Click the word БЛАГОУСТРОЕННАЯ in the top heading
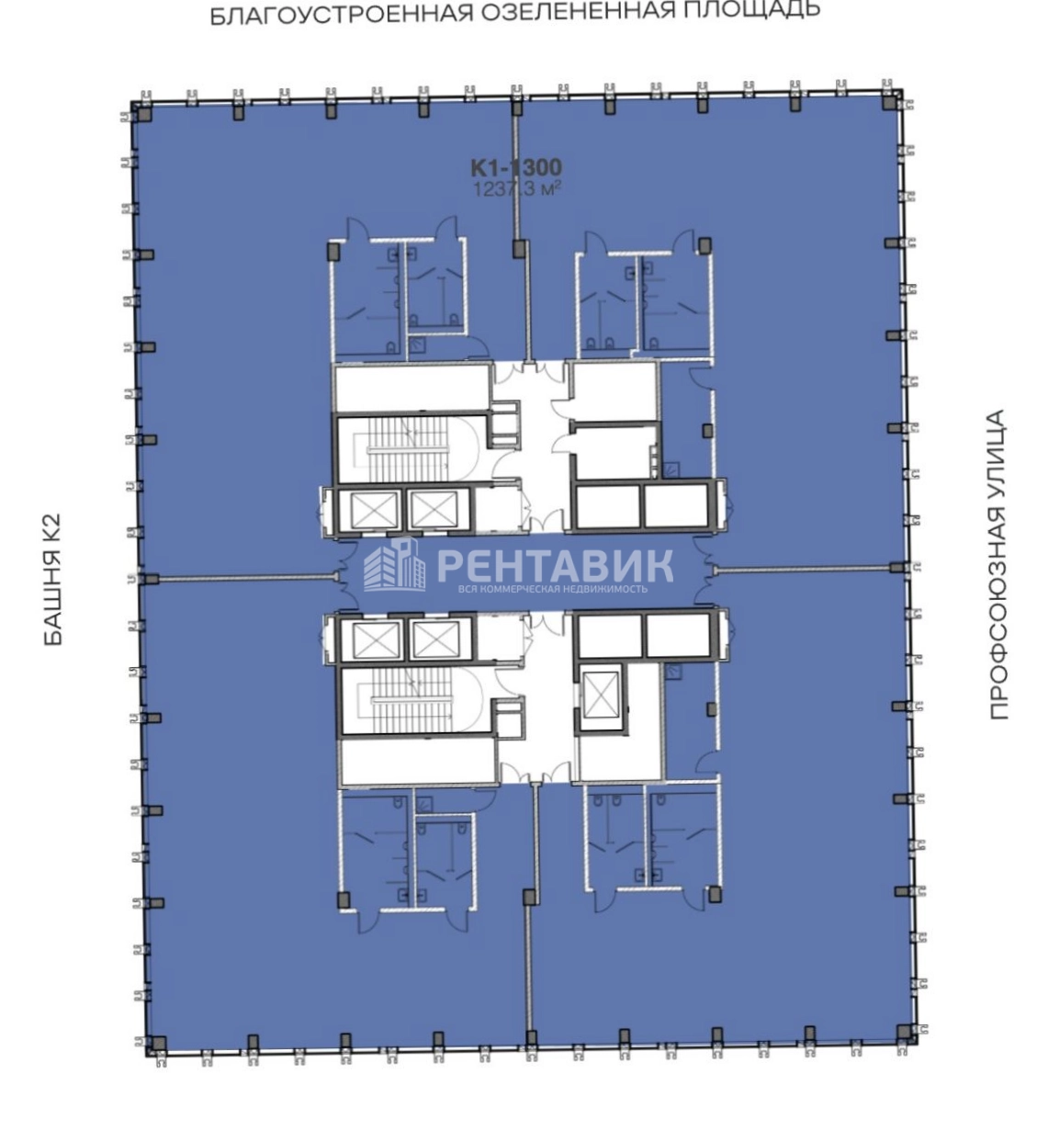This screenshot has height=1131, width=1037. pos(341,14)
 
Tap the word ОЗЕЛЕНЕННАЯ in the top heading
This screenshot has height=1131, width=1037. pos(577,11)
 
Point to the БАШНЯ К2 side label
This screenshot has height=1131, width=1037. pos(51,579)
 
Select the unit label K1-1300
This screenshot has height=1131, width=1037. pos(516,167)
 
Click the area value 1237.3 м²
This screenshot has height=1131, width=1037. pos(516,189)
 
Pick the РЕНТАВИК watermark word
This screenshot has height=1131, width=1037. pos(555,565)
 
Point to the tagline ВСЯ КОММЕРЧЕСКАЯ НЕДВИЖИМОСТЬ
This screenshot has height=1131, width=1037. pos(553,589)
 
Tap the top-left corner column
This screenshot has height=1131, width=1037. pos(145,115)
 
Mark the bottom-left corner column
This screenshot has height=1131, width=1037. pos(160,1044)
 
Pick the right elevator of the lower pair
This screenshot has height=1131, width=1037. pos(434,639)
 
